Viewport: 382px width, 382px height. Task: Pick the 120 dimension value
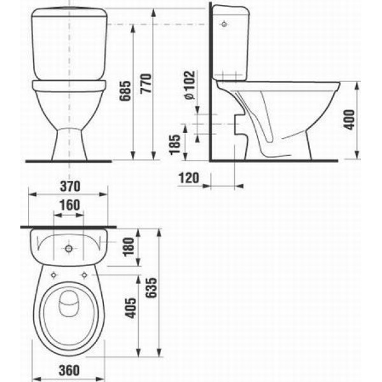pos(189,178)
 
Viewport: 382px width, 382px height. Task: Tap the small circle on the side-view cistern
pos(223,25)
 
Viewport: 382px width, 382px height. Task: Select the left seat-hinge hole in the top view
pos(54,275)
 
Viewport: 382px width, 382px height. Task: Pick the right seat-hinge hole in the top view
pos(84,275)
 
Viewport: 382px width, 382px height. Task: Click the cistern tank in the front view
pos(69,45)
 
